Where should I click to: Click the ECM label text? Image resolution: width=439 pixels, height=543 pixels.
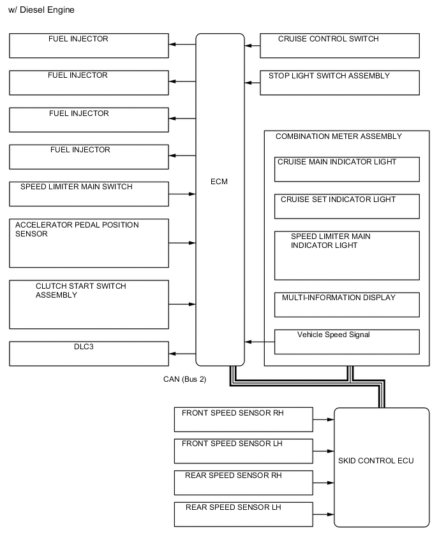coord(219,182)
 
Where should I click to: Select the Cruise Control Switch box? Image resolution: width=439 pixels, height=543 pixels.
coord(339,46)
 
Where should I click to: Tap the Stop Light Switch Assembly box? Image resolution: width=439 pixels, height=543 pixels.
coord(339,83)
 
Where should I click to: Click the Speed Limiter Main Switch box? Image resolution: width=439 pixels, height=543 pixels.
coord(89,194)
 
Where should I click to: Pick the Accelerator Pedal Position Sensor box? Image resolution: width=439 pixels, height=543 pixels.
coord(89,243)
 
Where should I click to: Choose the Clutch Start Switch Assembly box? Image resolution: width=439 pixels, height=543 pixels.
coord(89,304)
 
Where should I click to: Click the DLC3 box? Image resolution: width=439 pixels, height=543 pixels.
coord(89,354)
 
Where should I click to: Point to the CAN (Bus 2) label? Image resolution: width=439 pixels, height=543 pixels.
coord(184,379)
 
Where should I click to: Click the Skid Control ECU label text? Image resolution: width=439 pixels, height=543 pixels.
coord(382,461)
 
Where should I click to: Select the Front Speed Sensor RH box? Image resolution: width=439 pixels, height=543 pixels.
coord(243,419)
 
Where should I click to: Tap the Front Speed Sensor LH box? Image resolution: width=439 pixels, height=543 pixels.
coord(243,451)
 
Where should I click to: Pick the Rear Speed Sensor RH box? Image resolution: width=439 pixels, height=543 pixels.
coord(243,482)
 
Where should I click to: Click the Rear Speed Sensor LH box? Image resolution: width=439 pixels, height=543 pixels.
coord(243,514)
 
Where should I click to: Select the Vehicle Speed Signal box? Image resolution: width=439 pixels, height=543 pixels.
coord(346,342)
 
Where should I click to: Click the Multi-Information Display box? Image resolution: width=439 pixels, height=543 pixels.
coord(346,305)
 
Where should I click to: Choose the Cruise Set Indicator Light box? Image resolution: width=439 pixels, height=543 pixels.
coord(346,206)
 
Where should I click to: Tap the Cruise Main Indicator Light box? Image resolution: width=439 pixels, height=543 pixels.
coord(346,169)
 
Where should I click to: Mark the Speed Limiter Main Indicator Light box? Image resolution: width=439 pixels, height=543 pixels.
coord(346,255)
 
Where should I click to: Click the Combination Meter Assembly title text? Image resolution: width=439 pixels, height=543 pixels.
coord(338,136)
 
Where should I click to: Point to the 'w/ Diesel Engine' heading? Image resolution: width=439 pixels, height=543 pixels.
coord(41,10)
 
